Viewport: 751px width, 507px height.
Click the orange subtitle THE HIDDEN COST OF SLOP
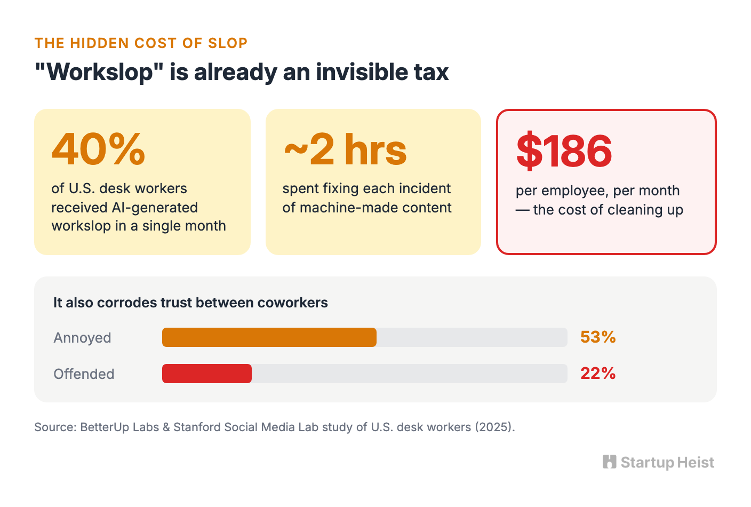point(141,43)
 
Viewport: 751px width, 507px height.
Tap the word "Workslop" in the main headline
point(99,72)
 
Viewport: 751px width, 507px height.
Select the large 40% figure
point(98,149)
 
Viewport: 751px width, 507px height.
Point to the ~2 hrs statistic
point(345,149)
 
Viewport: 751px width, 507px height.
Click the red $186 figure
point(564,150)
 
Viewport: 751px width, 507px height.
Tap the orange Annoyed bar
point(269,337)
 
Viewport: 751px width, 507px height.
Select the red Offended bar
point(207,374)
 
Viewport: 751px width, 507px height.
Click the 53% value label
point(598,337)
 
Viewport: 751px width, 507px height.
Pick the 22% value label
point(598,373)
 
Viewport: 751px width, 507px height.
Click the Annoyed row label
point(82,337)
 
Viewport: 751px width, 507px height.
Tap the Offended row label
point(84,374)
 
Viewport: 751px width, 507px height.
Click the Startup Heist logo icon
point(610,462)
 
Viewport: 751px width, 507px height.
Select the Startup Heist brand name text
point(667,462)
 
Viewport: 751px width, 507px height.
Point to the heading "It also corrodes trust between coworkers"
point(190,302)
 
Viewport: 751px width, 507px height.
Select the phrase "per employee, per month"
point(598,191)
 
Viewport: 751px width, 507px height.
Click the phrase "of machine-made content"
point(367,208)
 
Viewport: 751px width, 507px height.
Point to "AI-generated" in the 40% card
point(155,208)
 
